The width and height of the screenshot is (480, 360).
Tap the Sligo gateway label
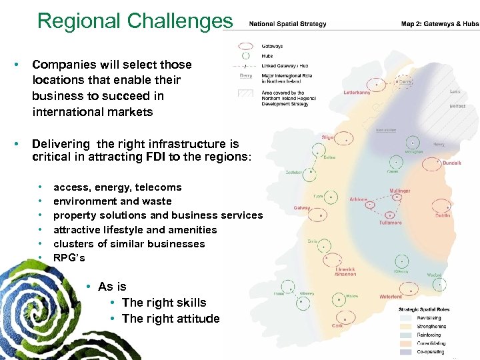point(328,137)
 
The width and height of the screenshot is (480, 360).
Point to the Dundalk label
point(451,163)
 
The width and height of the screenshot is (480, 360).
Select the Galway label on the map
point(302,208)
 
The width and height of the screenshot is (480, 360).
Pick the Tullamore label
point(391,223)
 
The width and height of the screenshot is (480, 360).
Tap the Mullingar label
point(401,191)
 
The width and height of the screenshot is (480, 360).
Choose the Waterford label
point(391,297)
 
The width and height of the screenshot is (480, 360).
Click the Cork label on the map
point(337,326)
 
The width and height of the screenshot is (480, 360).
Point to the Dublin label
point(443,215)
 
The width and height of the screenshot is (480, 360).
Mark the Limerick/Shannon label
point(345,271)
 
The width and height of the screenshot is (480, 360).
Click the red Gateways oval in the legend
point(246,47)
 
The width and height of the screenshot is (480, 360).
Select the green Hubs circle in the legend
point(246,56)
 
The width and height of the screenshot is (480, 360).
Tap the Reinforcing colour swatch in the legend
point(406,335)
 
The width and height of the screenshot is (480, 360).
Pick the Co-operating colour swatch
point(406,351)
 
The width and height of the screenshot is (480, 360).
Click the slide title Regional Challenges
point(135,21)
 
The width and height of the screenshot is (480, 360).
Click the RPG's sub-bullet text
point(69,257)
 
